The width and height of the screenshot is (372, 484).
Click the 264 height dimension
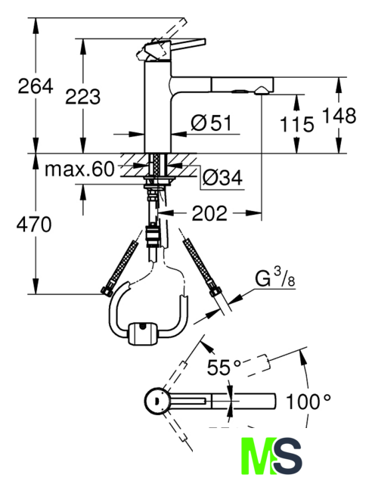36,86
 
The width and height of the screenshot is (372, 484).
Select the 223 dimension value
82,96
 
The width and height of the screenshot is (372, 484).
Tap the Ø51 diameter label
211,123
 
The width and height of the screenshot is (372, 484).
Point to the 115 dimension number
296,124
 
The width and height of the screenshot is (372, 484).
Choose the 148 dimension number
339,116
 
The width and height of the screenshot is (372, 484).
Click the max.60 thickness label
79,169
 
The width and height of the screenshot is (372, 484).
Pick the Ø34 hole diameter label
222,178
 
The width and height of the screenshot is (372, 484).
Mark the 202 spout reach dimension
209,213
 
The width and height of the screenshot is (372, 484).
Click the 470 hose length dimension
34,225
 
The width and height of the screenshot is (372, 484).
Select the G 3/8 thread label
275,278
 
